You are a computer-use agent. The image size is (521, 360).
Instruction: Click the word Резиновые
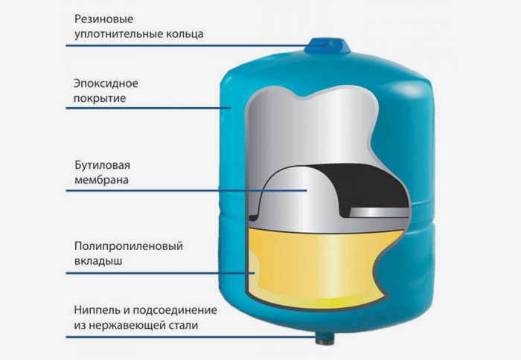[103, 19]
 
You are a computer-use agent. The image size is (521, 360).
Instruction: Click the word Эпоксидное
[106, 83]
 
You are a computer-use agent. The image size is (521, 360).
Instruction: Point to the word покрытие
[100, 98]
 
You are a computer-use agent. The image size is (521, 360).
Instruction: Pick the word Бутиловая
[103, 165]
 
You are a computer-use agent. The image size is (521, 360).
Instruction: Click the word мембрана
[101, 180]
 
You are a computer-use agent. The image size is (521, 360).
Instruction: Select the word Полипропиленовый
[129, 246]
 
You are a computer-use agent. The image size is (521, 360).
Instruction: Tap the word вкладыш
[98, 261]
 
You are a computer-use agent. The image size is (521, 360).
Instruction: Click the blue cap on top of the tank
[327, 45]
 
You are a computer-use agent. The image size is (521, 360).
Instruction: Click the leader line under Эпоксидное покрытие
[148, 108]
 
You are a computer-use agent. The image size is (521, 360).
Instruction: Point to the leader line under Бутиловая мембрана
[186, 190]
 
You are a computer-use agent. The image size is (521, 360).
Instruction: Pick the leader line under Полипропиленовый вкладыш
[161, 273]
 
